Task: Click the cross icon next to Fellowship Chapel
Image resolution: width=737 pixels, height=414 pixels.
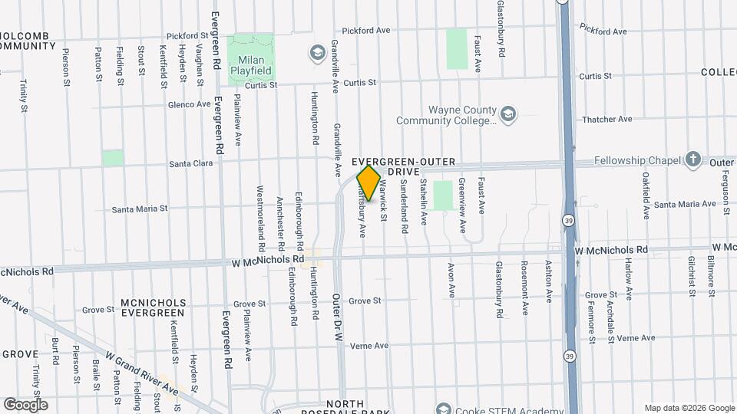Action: click(x=693, y=159)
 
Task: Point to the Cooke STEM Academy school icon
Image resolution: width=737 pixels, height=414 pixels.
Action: click(x=443, y=407)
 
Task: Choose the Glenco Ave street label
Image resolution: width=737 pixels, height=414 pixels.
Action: click(x=190, y=104)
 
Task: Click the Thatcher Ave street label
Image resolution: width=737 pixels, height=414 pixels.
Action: click(x=606, y=119)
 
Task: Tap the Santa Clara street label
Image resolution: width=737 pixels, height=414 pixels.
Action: click(x=190, y=163)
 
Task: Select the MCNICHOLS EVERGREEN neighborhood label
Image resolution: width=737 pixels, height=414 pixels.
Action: click(x=152, y=307)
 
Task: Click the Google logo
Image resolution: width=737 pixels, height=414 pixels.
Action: click(x=25, y=404)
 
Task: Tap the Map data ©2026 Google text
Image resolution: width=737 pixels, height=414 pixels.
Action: click(x=689, y=408)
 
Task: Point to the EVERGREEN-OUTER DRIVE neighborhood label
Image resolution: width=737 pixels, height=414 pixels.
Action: click(x=403, y=167)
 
